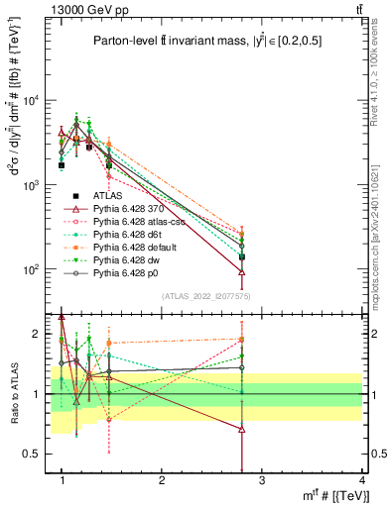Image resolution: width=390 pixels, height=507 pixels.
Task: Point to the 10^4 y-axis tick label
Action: [x=32, y=101]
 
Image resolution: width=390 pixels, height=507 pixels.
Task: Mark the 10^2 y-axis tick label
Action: [x=32, y=269]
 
